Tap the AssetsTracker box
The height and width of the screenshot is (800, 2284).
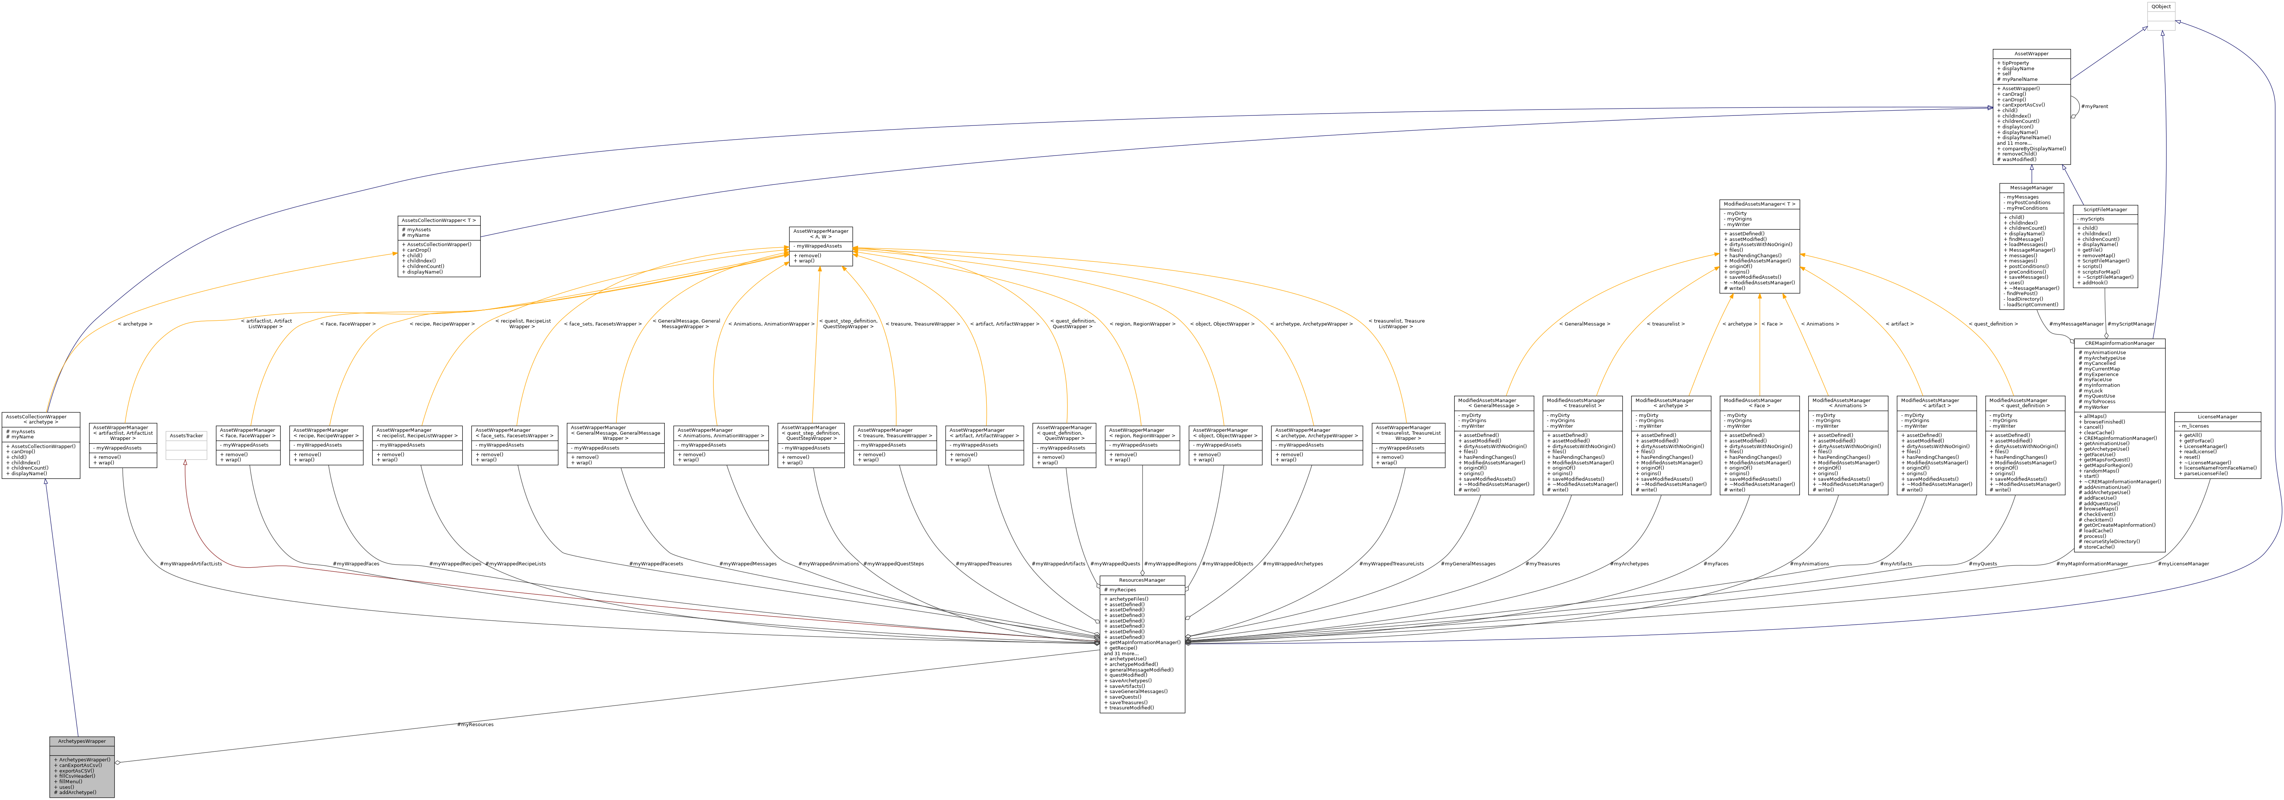pyautogui.click(x=186, y=435)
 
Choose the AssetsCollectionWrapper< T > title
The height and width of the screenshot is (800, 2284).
pyautogui.click(x=439, y=220)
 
